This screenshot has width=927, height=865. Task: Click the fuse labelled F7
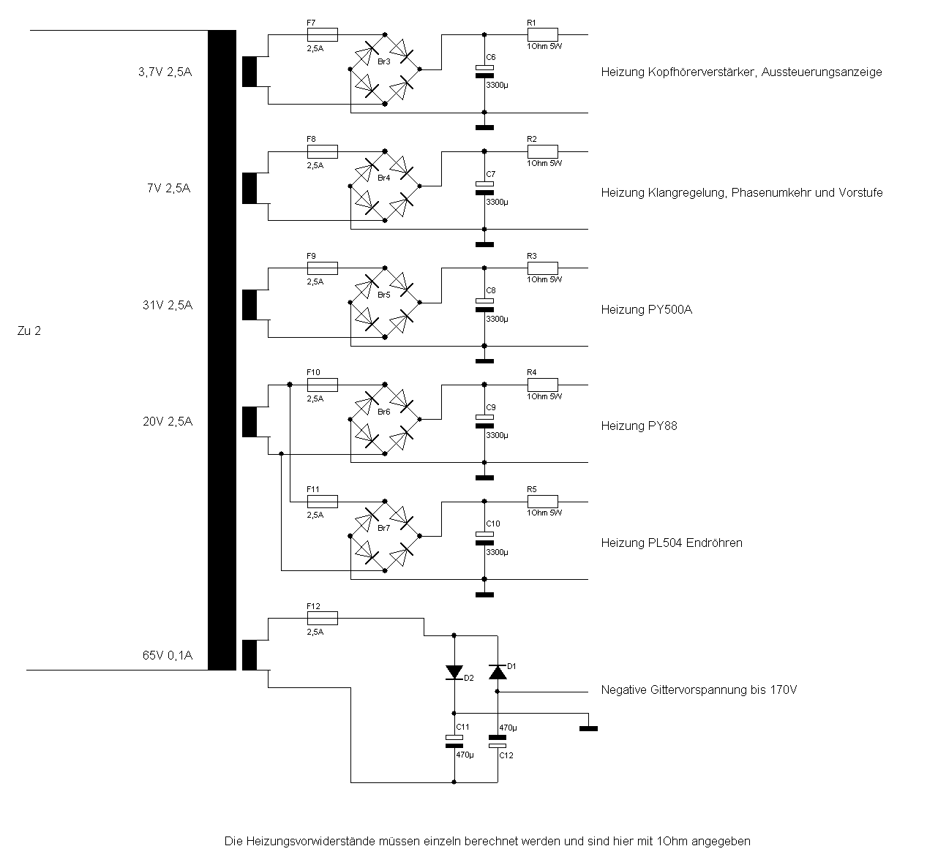[322, 34]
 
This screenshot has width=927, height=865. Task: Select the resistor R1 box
[542, 34]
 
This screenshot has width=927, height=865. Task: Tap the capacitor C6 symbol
[484, 71]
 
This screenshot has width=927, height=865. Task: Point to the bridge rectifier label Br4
[384, 178]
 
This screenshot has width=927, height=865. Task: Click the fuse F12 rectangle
[322, 619]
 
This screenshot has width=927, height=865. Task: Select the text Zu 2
[29, 330]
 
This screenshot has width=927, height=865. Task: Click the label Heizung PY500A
[646, 309]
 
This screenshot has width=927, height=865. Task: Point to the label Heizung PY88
[639, 426]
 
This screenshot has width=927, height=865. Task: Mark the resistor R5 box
[542, 502]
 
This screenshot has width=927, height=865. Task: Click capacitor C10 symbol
[484, 538]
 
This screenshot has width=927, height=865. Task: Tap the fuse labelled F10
[322, 385]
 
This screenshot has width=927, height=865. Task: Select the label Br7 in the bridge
[384, 528]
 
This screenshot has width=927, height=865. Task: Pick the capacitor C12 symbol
[498, 742]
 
